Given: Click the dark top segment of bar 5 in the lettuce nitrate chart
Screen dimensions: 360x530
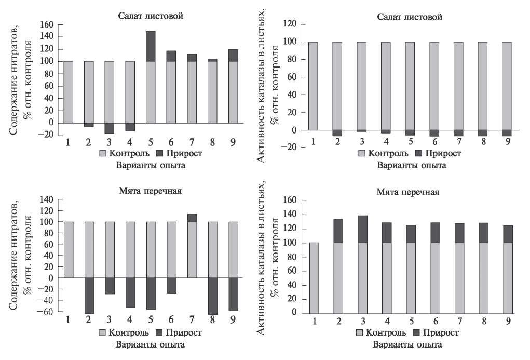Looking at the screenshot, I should point(150,46).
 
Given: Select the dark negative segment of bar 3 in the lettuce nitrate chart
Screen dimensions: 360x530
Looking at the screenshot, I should point(109,128).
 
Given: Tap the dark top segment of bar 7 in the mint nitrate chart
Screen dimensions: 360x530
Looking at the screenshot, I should point(192,218).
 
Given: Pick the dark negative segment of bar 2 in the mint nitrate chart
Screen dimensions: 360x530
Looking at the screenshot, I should point(89,296).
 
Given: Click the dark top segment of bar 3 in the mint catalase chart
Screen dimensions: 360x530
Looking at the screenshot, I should point(362,229).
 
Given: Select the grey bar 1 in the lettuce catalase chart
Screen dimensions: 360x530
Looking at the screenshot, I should point(313,86).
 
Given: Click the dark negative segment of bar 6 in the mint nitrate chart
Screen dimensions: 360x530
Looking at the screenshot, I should point(171,285).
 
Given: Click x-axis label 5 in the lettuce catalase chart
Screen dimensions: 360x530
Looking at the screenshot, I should point(410,141).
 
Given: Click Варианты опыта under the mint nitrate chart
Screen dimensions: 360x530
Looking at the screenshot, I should point(150,344).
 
